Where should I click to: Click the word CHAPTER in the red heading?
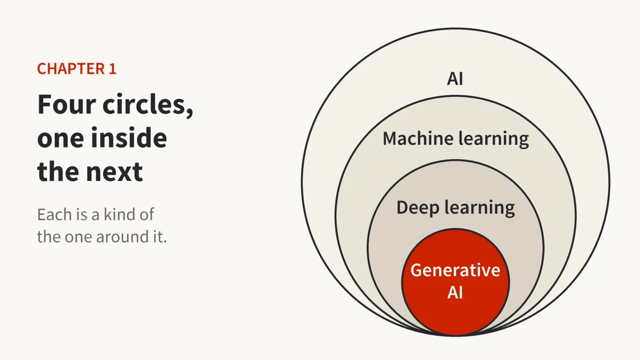(71, 69)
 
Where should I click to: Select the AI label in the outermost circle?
(455, 79)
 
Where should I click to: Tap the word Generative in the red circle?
(455, 270)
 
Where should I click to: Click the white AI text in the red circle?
(455, 292)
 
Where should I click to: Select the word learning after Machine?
(493, 139)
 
